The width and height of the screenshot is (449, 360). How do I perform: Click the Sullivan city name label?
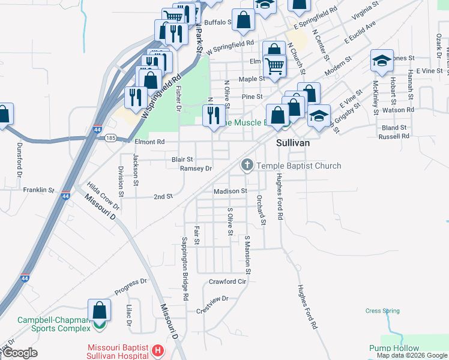point(292,144)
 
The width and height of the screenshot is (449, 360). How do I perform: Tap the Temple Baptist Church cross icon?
point(247,165)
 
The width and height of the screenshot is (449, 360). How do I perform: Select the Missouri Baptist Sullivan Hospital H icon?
point(157,350)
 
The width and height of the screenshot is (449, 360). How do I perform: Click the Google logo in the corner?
point(20,353)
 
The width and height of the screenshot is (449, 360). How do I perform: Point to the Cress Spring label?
point(382,311)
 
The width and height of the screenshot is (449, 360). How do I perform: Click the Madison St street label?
point(231,191)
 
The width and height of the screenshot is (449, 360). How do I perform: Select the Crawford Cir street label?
point(228,281)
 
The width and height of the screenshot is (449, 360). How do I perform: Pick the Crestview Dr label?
point(212,298)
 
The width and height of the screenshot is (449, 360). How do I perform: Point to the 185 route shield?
point(110,138)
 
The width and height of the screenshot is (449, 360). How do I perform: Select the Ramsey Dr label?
point(196,169)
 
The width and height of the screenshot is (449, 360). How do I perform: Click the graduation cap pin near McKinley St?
point(381,60)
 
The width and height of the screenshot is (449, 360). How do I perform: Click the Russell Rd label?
point(394,136)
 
